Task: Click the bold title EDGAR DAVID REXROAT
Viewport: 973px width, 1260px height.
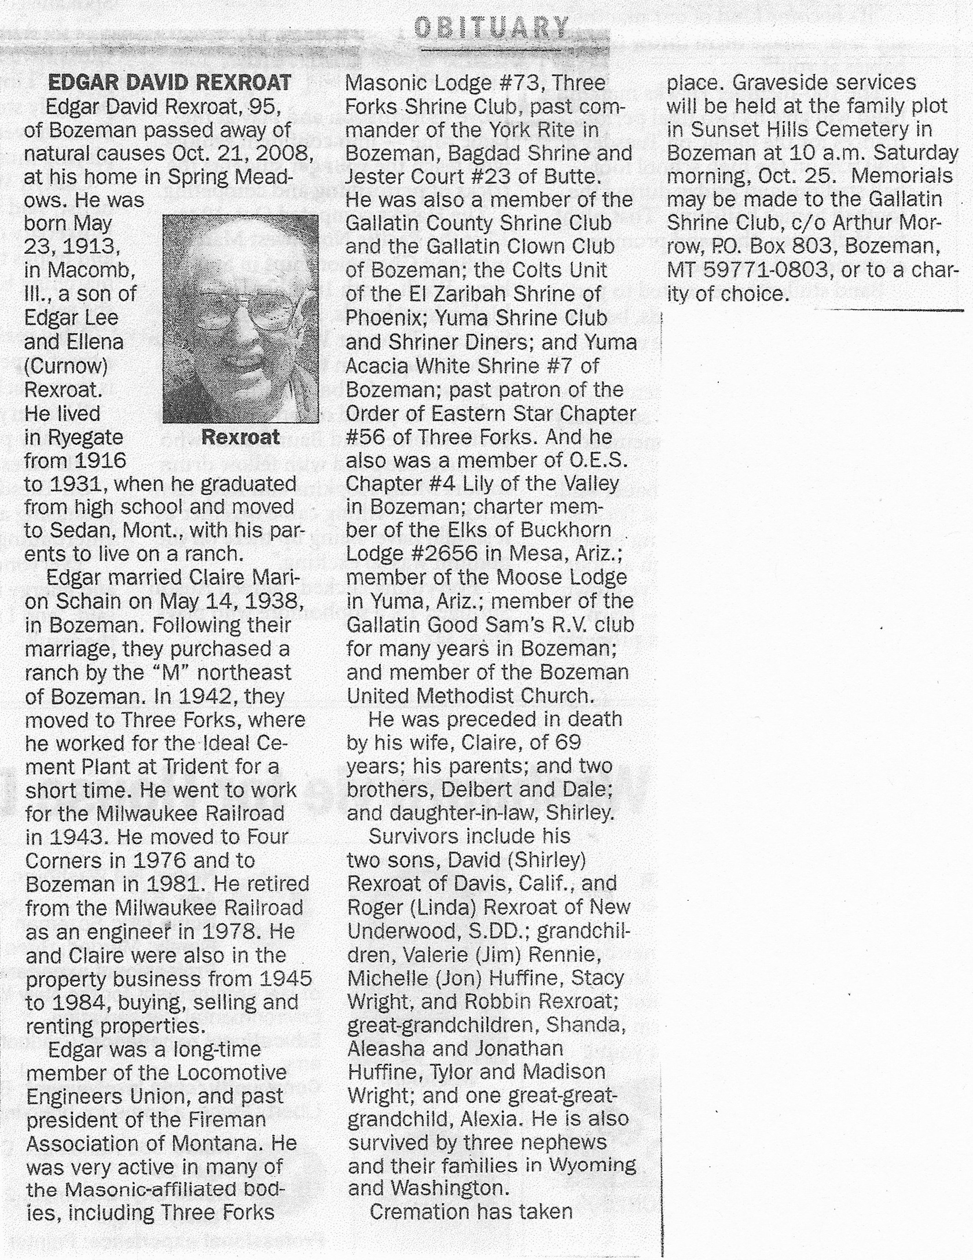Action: pyautogui.click(x=169, y=83)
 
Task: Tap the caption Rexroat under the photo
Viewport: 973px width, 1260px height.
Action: pyautogui.click(x=240, y=437)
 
